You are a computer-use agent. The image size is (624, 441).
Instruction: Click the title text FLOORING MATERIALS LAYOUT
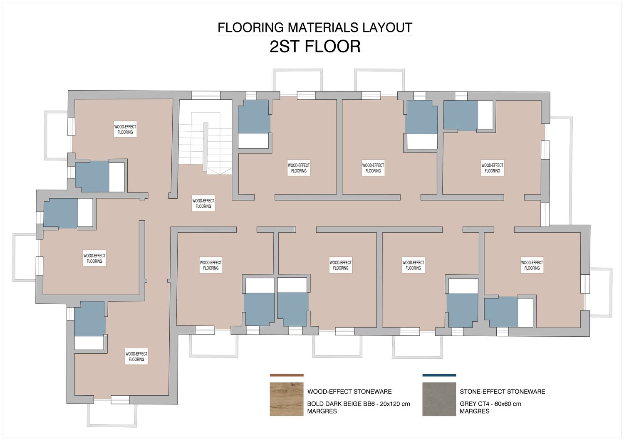[315, 27]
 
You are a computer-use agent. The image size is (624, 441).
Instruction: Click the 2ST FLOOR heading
[315, 47]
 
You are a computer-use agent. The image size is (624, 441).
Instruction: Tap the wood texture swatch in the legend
[286, 399]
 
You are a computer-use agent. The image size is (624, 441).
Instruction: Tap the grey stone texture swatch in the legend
[439, 399]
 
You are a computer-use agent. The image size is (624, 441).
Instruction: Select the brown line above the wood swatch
[287, 375]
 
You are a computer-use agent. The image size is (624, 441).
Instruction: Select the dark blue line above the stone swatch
[439, 375]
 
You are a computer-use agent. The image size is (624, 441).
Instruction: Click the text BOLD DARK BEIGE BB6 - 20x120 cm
[359, 404]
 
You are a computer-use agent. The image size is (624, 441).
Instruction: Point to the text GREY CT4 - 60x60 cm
[490, 404]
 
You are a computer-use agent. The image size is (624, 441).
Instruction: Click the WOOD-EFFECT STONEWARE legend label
[349, 392]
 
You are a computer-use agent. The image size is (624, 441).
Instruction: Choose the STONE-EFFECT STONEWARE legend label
[502, 392]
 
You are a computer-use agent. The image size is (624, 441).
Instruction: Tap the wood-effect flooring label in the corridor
[203, 204]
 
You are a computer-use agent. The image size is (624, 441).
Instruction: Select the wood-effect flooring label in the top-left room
[125, 129]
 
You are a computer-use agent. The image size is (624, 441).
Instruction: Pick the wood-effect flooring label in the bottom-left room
[136, 357]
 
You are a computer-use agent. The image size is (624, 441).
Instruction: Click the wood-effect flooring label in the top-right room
[492, 168]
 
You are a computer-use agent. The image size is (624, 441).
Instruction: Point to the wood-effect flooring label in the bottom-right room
[532, 265]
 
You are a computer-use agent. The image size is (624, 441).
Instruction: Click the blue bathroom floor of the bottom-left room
[90, 319]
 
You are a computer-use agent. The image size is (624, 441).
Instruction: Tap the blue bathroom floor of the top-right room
[461, 116]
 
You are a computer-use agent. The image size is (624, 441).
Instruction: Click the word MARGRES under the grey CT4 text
[474, 411]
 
